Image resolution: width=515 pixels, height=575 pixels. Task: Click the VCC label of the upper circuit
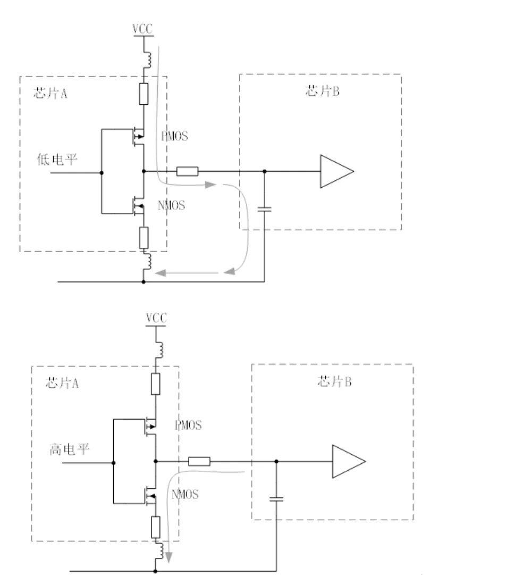point(142,29)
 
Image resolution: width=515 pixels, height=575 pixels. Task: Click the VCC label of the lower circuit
point(156,318)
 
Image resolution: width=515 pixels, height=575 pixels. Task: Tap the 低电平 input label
point(57,160)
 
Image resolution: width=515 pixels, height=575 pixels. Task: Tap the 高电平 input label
point(69,449)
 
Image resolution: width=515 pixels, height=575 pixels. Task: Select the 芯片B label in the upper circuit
point(322,90)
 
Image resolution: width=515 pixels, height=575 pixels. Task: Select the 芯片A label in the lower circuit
point(62,382)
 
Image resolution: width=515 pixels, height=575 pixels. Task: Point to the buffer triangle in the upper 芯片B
point(337,171)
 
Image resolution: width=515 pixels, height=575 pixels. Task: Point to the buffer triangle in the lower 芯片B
point(349,461)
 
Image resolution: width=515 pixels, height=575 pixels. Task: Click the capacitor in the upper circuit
point(265,209)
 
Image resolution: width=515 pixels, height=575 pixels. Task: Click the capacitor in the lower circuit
point(276,499)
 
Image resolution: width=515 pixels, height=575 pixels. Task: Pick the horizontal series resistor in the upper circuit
point(187,171)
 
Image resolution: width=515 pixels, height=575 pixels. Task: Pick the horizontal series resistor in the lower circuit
point(199,461)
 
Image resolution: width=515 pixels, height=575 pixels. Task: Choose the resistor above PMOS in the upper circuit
point(143,94)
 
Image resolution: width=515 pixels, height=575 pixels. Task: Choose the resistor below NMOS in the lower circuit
point(156,527)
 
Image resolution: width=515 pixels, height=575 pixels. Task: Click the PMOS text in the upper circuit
point(175,136)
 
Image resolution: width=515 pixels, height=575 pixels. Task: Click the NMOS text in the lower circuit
point(185,494)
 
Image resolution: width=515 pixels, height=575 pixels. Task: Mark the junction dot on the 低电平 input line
point(102,173)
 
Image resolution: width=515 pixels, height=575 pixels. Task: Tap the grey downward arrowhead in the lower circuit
point(168,557)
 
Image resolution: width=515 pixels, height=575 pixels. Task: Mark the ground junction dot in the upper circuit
point(143,281)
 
